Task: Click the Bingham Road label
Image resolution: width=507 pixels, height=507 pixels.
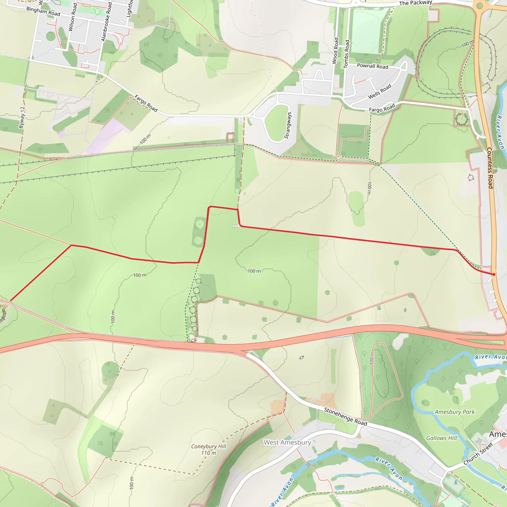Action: coord(43,11)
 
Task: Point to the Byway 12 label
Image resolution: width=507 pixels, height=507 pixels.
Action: coord(22,117)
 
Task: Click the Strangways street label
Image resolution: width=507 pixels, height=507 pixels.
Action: coord(288,126)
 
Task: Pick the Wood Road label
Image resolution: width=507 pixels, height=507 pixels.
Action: coord(335,51)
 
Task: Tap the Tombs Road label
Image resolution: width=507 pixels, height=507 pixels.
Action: coord(347,54)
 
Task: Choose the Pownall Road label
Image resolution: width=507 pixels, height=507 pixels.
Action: coord(372,66)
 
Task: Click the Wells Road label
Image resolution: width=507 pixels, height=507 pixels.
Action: coord(380,92)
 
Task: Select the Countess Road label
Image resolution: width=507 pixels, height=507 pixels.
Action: coord(490,168)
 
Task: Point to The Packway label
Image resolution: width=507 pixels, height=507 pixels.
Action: coord(415,3)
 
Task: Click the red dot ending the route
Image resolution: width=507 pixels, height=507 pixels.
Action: coord(494,275)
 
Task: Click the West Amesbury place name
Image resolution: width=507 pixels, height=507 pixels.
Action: coord(287,442)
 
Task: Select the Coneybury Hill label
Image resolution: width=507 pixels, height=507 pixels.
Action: coord(209,446)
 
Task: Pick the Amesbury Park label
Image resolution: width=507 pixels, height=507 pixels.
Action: coord(455,412)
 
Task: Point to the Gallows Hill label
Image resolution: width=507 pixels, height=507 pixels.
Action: coord(441,438)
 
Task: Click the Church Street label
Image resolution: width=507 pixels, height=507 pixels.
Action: coord(478,454)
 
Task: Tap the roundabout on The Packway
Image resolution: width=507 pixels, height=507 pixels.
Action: coord(480,6)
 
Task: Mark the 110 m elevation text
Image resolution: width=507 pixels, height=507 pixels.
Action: coord(209,453)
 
